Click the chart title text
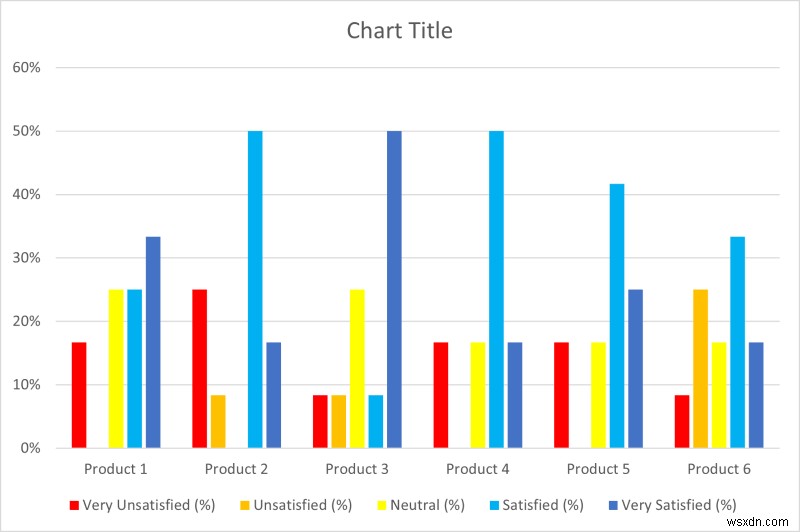click(x=399, y=31)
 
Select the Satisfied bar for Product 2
click(x=255, y=289)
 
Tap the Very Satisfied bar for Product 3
click(x=394, y=289)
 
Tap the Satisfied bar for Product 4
click(x=496, y=289)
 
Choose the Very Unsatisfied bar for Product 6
click(x=681, y=421)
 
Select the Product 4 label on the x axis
click(x=478, y=469)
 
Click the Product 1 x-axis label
click(x=116, y=469)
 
